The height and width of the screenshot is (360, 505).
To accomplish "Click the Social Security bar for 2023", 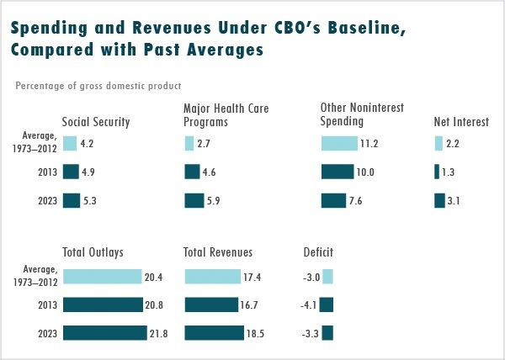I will [72, 200].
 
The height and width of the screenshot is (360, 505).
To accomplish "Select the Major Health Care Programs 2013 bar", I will [192, 172].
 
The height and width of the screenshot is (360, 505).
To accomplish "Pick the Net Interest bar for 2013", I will [437, 172].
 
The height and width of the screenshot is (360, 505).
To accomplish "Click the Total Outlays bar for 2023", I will [104, 333].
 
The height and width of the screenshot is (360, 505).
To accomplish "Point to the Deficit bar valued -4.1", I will [327, 304].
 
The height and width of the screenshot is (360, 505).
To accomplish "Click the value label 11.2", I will [369, 144].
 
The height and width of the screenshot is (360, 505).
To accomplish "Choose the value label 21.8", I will [158, 334].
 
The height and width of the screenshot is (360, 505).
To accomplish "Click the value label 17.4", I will [252, 277].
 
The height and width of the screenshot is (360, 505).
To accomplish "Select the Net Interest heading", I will [461, 122].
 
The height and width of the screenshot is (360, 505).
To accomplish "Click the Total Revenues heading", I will [218, 251].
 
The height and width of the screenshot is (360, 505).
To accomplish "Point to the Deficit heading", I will [318, 251].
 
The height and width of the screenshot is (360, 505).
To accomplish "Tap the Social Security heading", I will [96, 122].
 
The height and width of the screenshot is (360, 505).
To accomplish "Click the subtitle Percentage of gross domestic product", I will [98, 85].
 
